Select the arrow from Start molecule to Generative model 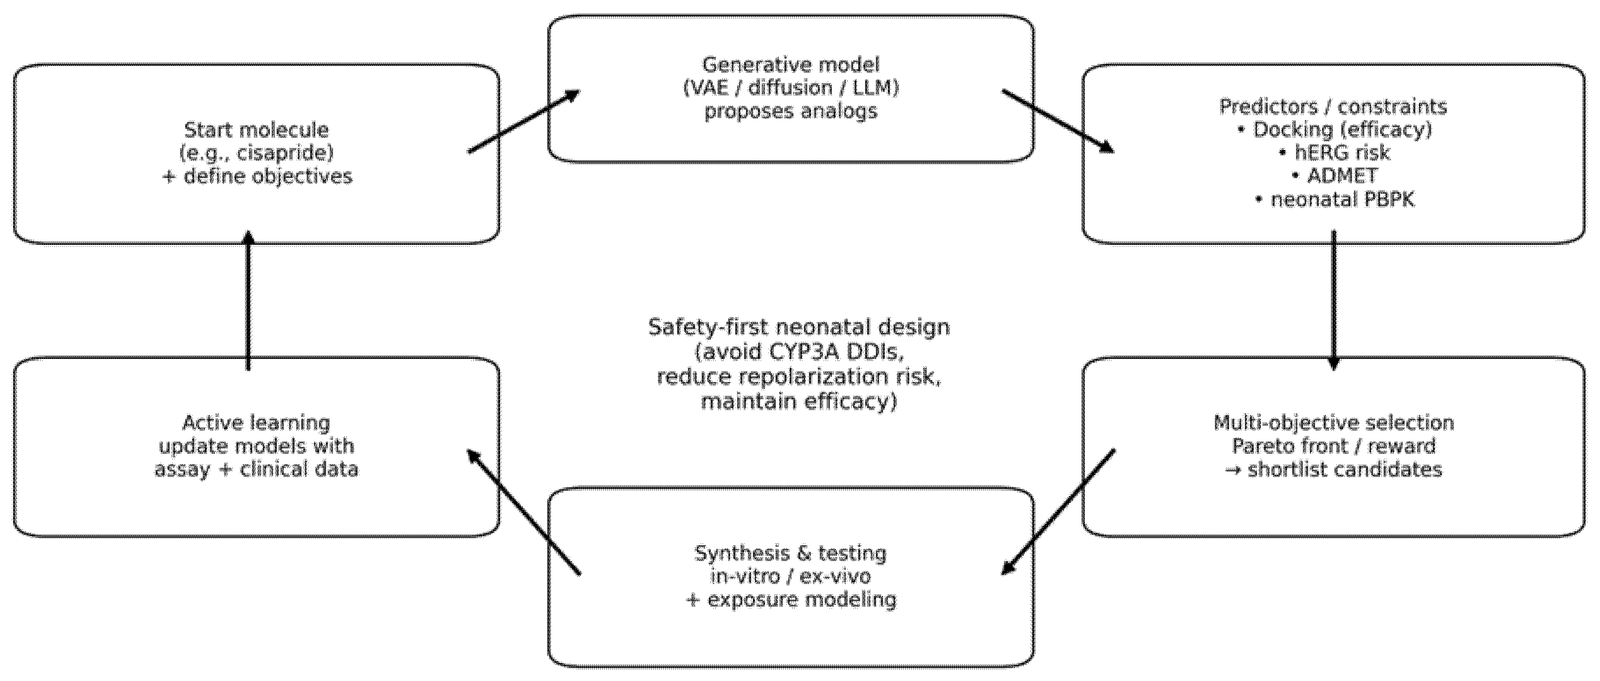(x=523, y=121)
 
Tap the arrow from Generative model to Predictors (x=1058, y=121)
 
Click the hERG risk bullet (x=1342, y=153)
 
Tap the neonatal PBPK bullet (x=1342, y=199)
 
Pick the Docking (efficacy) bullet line (x=1342, y=130)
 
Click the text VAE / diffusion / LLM (x=791, y=88)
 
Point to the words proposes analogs (x=791, y=111)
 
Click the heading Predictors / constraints (x=1333, y=106)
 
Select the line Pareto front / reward (x=1333, y=445)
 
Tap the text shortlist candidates (x=1345, y=469)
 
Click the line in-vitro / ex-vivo (x=791, y=576)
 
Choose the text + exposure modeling (x=791, y=600)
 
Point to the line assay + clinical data (x=256, y=469)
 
